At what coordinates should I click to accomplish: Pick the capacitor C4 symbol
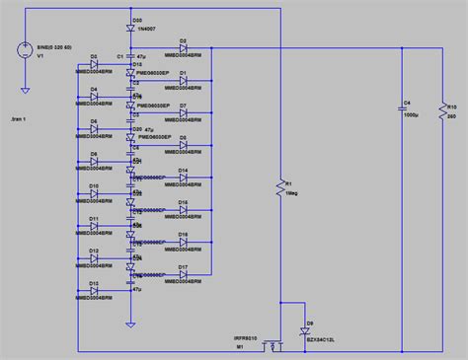403,106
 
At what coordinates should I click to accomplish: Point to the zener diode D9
303,334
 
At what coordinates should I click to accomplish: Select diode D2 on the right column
184,48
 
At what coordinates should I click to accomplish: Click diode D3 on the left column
94,65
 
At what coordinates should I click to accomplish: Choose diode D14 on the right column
184,179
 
